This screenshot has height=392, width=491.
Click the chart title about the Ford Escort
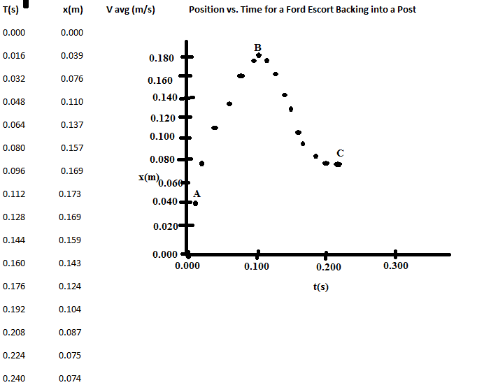tap(302, 10)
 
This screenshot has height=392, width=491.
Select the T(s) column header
tap(11, 10)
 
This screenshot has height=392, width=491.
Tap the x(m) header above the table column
tap(73, 10)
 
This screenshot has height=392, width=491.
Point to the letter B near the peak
tap(258, 47)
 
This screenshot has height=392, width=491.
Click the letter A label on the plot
tap(197, 194)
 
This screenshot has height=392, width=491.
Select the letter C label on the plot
tap(340, 153)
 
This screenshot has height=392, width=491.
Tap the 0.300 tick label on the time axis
tap(396, 266)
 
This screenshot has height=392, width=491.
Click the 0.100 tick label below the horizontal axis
tap(258, 266)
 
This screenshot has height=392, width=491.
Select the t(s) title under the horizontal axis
tap(321, 287)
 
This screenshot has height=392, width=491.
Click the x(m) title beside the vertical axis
tap(149, 177)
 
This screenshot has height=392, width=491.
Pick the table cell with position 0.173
tap(72, 194)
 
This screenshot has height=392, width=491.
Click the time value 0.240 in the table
tap(13, 378)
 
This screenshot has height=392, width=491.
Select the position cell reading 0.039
tap(72, 56)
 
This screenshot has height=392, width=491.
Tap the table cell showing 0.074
tap(72, 378)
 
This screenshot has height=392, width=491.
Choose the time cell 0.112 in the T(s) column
tap(13, 194)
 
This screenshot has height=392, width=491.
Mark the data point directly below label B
tap(259, 55)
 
